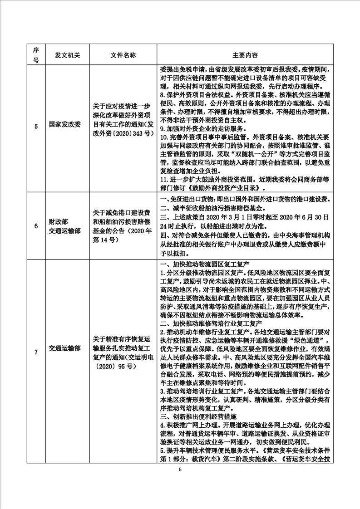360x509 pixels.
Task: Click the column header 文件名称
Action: tap(123, 54)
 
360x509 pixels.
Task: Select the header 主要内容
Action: tap(245, 54)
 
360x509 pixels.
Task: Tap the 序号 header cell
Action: tap(36, 54)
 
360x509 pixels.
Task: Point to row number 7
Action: tap(36, 348)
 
